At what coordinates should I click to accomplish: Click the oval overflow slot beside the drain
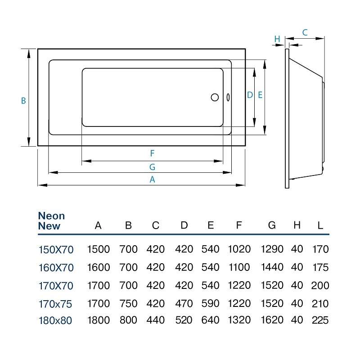[228, 97]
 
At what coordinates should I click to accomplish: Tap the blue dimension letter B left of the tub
[23, 101]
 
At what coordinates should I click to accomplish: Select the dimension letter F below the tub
[152, 153]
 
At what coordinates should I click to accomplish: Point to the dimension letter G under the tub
[152, 167]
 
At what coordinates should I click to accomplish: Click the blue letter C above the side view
[305, 32]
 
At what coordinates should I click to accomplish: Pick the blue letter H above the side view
[277, 39]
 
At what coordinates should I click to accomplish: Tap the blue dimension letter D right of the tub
[250, 95]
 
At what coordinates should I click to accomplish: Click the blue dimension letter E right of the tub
[260, 95]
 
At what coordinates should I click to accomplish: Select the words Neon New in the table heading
[51, 221]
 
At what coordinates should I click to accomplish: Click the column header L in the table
[320, 225]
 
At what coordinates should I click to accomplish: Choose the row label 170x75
[55, 304]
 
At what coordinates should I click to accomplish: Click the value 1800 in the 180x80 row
[99, 320]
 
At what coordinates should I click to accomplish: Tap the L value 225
[320, 320]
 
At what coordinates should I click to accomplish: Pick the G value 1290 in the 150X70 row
[272, 249]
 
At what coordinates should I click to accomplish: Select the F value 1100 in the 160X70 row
[239, 267]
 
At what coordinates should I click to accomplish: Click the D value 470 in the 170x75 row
[184, 303]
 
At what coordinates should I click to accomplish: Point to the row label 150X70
[56, 250]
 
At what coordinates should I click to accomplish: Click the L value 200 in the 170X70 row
[320, 285]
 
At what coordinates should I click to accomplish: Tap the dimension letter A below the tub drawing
[152, 179]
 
